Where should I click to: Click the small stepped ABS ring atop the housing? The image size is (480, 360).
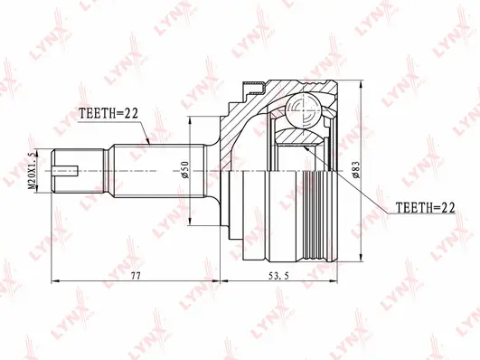[252, 88]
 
